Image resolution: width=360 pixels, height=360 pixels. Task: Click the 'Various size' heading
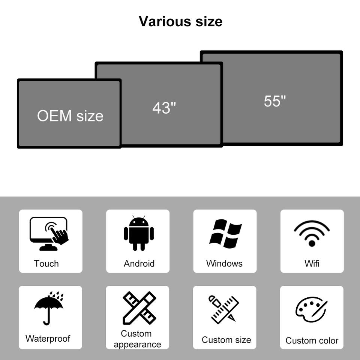coord(180,21)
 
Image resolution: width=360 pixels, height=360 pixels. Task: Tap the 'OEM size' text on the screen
coord(70,116)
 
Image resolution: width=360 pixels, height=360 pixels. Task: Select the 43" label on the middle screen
coord(164,108)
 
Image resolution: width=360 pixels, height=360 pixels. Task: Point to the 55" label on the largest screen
coord(274,101)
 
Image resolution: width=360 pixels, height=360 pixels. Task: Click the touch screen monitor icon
coord(49,234)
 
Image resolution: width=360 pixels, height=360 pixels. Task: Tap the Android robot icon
coord(139,233)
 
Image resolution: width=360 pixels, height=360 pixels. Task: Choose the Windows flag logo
coord(225,234)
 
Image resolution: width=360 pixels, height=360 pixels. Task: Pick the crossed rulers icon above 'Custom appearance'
coord(139,308)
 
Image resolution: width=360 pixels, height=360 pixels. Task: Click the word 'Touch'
coord(46,264)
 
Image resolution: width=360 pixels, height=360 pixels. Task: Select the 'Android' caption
coord(139,264)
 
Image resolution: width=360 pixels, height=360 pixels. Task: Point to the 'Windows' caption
coord(224,264)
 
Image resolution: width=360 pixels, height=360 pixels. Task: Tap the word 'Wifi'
coord(312,264)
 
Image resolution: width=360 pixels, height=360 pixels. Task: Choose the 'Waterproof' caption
coord(48,339)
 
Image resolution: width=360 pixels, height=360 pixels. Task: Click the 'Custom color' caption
coord(312,340)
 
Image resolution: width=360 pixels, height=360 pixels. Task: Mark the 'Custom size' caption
coord(226,340)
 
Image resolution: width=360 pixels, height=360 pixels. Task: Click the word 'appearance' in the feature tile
coord(137,345)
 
